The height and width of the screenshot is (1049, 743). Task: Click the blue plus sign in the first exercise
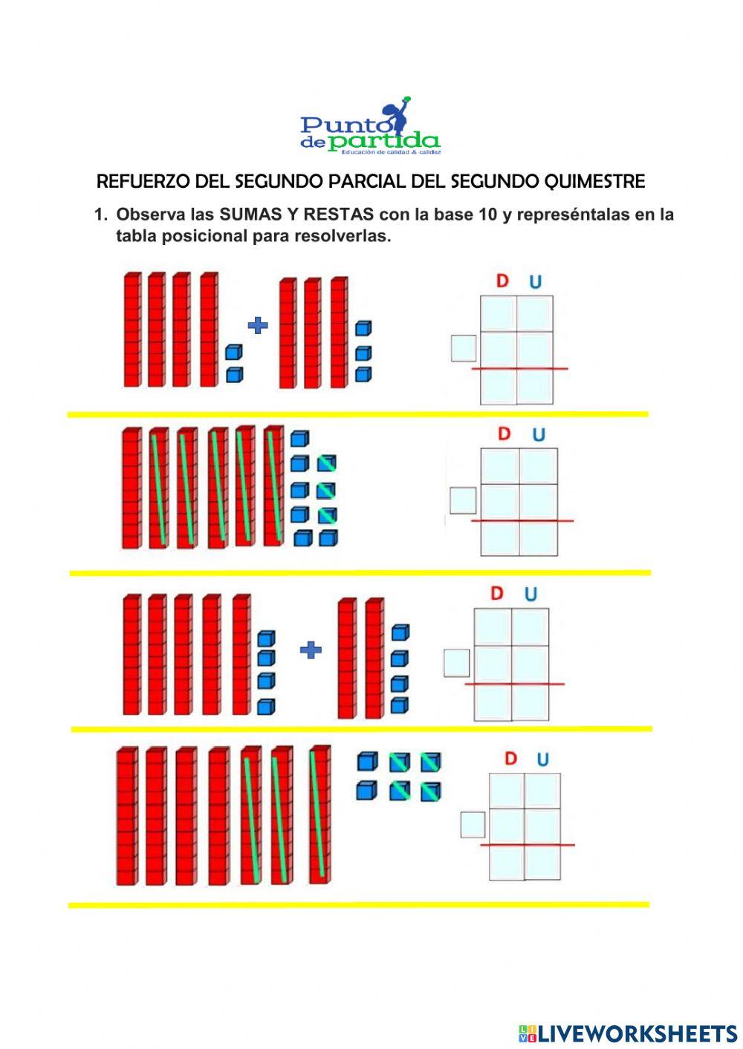point(258,324)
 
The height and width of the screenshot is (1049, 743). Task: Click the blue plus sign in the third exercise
point(311,650)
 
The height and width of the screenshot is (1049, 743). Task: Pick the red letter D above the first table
point(502,281)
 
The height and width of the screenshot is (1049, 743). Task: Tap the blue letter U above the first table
point(535,282)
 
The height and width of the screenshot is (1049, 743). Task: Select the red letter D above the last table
point(510,759)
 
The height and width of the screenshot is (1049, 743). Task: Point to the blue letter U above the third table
point(531,594)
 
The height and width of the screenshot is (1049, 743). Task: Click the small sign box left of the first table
point(464,348)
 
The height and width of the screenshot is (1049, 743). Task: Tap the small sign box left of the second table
point(463,500)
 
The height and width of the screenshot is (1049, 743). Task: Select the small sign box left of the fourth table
point(473,824)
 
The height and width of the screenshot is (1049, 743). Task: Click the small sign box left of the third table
point(456,662)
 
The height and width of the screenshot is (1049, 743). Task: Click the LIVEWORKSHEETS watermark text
point(637,1033)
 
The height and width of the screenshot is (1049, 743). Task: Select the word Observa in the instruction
point(150,215)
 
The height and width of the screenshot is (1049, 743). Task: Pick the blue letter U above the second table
point(539,434)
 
